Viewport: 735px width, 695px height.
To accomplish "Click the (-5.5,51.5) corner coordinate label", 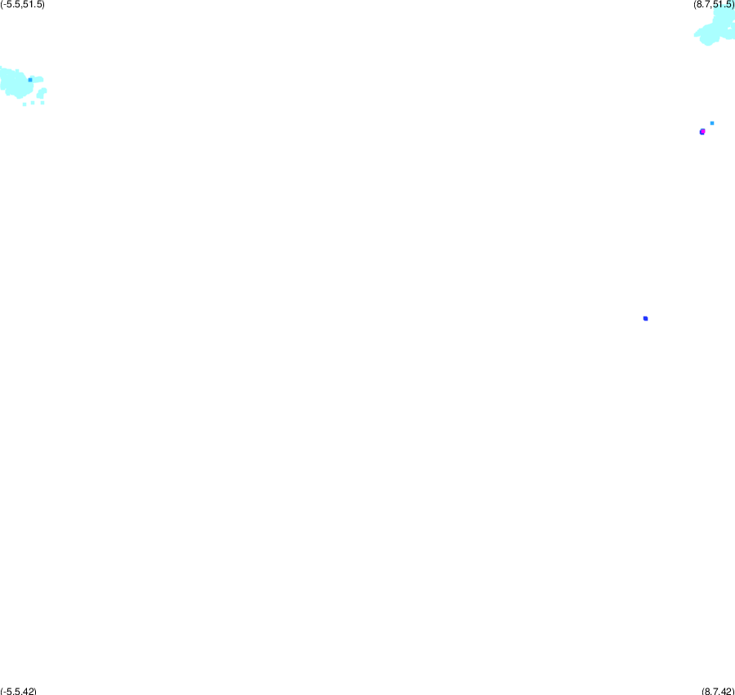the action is coord(23,5).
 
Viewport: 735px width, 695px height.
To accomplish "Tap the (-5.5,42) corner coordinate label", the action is coord(18,691).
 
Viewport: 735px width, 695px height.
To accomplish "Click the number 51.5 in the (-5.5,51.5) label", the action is coord(33,5).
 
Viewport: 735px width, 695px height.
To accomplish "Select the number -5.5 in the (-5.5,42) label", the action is coord(11,691).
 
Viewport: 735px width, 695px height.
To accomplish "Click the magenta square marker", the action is coord(702,131).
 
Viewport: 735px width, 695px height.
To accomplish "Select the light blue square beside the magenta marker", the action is coord(712,123).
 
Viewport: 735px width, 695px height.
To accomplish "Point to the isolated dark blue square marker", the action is coord(645,318).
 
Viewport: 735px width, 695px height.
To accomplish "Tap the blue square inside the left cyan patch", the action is coord(30,80).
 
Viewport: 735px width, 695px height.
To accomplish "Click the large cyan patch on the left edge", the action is coord(16,83).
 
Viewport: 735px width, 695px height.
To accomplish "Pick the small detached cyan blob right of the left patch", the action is coord(42,93).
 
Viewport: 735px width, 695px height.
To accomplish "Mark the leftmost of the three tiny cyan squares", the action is coord(24,104).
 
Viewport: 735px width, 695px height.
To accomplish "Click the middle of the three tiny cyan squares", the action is coord(33,103).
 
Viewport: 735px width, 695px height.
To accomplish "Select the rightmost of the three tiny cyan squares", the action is coord(42,103).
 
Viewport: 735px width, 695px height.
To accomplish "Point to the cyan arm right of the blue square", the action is coord(38,80).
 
